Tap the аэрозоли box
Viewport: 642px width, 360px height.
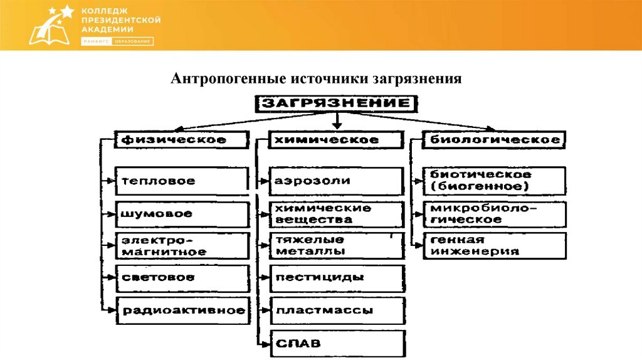point(337,181)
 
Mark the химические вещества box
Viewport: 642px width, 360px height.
point(337,214)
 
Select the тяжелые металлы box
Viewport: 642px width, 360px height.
point(337,246)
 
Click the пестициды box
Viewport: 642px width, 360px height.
point(337,277)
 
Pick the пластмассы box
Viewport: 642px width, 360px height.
point(337,310)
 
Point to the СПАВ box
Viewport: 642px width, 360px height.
point(337,343)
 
